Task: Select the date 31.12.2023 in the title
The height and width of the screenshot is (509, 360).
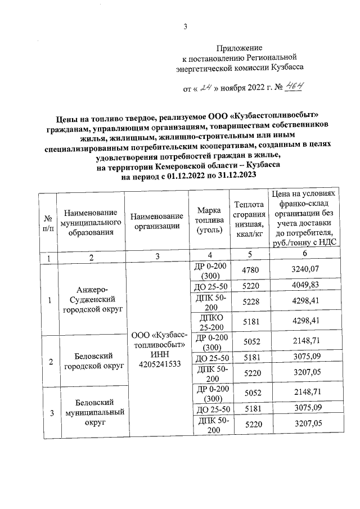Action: [237, 175]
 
